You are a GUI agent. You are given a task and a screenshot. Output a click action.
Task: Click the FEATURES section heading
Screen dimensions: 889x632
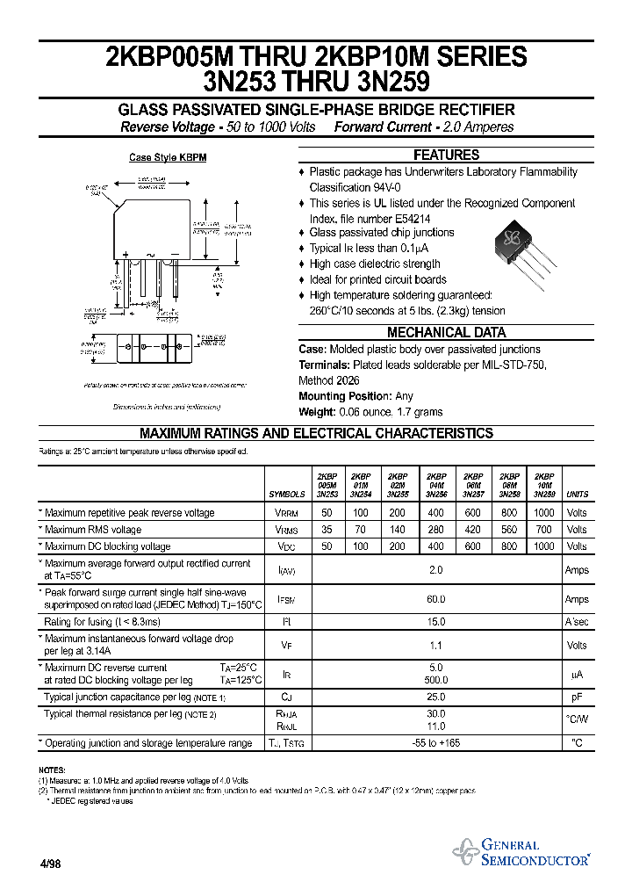(446, 155)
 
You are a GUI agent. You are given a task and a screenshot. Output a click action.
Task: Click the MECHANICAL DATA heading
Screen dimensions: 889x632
(446, 333)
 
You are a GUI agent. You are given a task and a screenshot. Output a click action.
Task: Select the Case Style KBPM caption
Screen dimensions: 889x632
(168, 158)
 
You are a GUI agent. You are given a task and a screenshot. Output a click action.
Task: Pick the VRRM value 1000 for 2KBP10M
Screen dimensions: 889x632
(544, 513)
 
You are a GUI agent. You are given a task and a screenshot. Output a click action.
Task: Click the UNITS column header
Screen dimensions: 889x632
(578, 495)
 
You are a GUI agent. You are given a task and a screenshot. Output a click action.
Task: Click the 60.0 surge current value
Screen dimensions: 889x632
(436, 599)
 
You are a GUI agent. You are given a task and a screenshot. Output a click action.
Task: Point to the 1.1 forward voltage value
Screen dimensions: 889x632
(436, 646)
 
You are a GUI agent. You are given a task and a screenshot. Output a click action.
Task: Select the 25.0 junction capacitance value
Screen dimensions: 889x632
(436, 697)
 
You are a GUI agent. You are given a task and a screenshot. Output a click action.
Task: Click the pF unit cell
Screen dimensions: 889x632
(577, 697)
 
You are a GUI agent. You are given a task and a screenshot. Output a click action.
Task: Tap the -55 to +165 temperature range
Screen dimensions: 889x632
(436, 743)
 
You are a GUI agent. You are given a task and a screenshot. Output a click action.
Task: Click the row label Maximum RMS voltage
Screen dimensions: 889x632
(92, 530)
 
